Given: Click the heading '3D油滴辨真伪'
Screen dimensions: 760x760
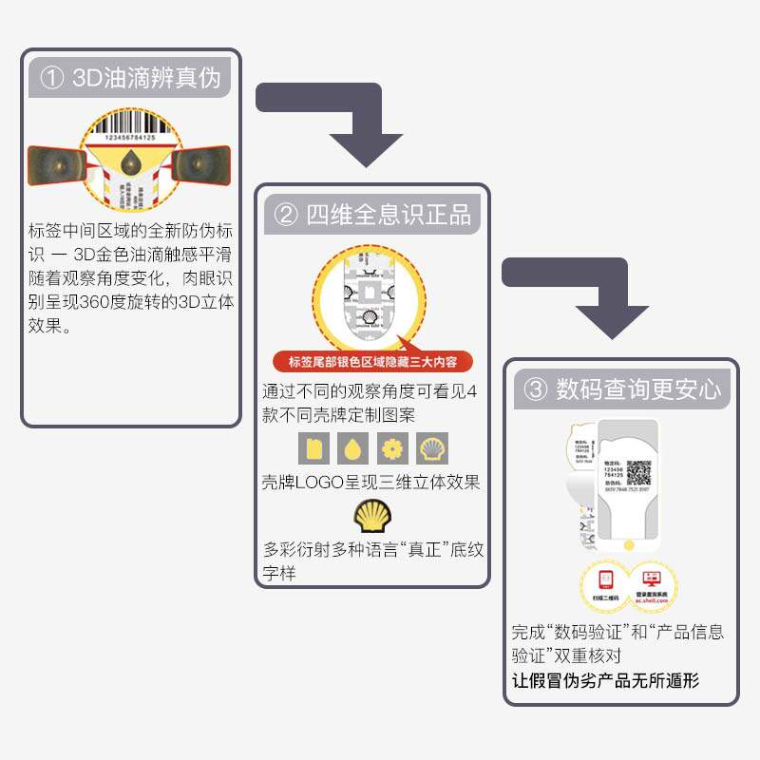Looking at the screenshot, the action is (131, 77).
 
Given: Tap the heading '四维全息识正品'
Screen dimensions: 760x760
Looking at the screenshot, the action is (372, 214).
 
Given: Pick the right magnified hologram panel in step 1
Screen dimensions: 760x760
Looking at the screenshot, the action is (205, 165).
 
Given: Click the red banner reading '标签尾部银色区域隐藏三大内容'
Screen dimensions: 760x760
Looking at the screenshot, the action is (372, 361).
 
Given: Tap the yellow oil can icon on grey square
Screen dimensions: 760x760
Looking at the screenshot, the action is (313, 447).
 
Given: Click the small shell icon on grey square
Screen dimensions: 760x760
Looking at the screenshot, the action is (432, 447).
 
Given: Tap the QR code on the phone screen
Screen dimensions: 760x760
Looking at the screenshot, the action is (638, 472).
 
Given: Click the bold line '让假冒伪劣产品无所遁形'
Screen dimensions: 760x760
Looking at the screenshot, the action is (607, 681).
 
